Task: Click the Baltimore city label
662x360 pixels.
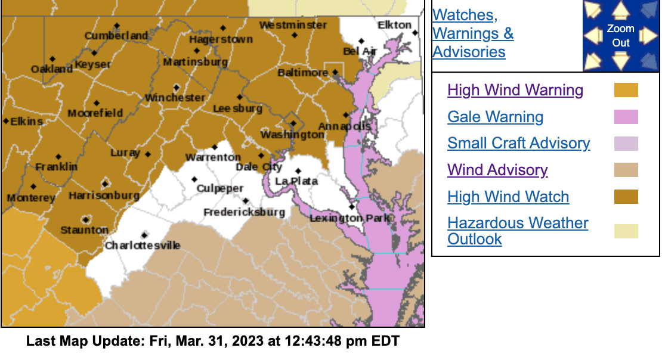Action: pos(302,73)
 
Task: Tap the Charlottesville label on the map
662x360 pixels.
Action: pos(143,245)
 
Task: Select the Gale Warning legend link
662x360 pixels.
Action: pos(495,117)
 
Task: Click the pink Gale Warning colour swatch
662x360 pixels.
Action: pos(626,117)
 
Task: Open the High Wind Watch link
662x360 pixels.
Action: pos(508,197)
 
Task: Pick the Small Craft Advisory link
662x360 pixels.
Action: pos(518,143)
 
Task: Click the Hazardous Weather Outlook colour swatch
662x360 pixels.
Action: pos(626,231)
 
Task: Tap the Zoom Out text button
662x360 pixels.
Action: pos(621,36)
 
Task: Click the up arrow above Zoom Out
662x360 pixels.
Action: pos(621,10)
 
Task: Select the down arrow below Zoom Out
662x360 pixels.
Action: pos(621,60)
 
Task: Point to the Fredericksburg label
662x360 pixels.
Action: pos(244,212)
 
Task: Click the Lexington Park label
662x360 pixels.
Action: pos(349,218)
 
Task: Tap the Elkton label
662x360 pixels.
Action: pos(394,25)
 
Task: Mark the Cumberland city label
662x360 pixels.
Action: pos(116,36)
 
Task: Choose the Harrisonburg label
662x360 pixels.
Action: pos(104,195)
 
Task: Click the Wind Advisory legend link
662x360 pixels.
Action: pos(497,170)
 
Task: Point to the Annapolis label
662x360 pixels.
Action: pos(344,126)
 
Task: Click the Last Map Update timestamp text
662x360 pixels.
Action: pos(212,342)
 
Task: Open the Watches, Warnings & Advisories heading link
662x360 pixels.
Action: pos(473,33)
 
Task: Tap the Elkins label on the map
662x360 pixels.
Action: pos(26,121)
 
